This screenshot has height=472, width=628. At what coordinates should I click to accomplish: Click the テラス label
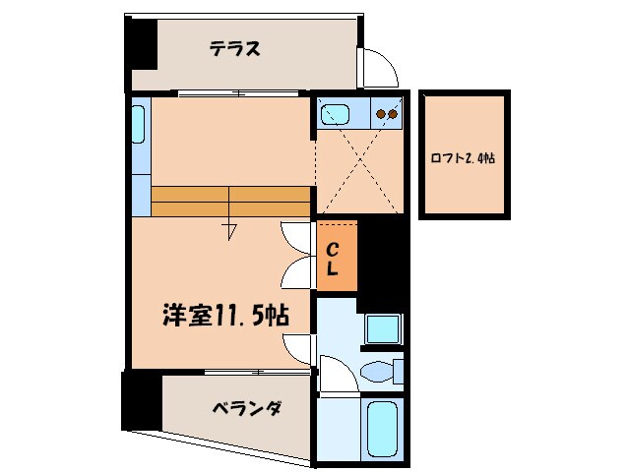tap(233, 49)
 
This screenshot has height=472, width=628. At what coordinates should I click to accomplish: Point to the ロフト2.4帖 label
tap(463, 156)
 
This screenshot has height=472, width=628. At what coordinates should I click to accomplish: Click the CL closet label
tap(334, 257)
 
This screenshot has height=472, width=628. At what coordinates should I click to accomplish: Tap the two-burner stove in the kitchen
tap(386, 114)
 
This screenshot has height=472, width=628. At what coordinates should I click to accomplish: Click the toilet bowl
tap(374, 372)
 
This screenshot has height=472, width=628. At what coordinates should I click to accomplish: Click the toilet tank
tap(399, 372)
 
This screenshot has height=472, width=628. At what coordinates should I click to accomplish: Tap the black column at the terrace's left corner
tap(139, 45)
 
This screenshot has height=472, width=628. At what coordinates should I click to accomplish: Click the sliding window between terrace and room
tap(239, 93)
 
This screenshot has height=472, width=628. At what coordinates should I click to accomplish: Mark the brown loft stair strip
tap(230, 201)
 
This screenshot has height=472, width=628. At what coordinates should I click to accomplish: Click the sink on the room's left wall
tap(138, 127)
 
